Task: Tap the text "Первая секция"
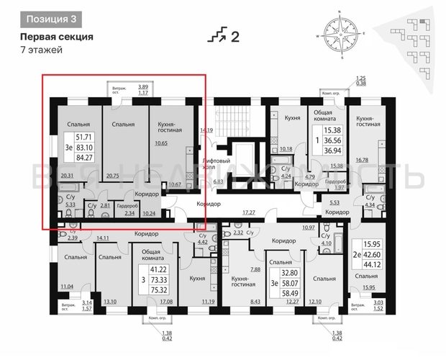[55, 35]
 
